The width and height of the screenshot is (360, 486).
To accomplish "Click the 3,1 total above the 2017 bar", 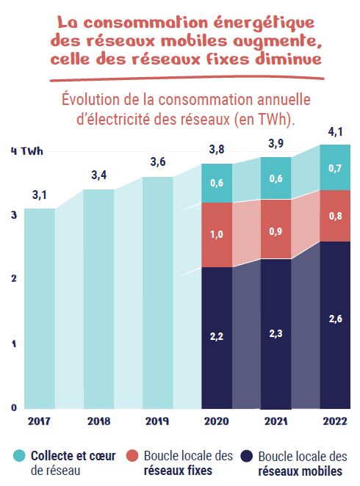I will pos(40,196).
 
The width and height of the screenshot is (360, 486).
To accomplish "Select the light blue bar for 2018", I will pos(98,294).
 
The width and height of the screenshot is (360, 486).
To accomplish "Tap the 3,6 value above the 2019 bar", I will pos(158,162).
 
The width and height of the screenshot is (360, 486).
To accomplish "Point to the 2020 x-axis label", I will pos(217,421).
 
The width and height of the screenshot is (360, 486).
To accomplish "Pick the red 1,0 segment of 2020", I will pos(217,235).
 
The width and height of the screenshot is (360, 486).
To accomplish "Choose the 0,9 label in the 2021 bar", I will pos(276,231).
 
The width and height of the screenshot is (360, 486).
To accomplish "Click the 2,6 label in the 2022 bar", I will pos(335,319).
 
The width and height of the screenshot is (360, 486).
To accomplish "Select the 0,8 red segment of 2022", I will pos(335,216).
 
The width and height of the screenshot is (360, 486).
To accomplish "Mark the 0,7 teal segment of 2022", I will pos(335,167).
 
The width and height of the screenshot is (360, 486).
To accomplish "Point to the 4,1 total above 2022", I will pos(335,132).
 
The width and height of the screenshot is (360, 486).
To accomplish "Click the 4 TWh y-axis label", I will pos(26,151).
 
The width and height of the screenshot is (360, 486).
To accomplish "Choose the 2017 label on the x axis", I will pos(40,421).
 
